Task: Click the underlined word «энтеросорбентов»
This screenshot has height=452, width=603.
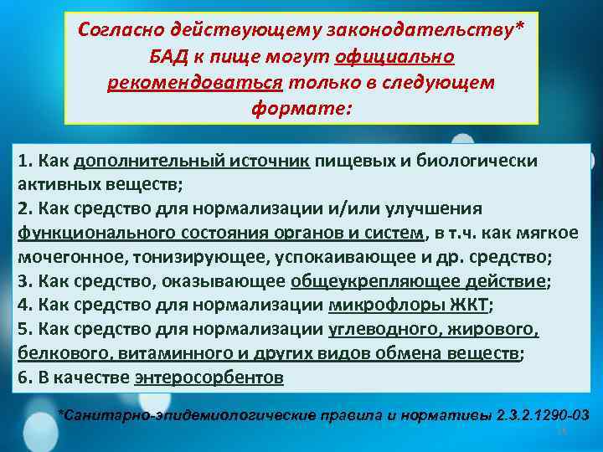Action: point(209,378)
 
